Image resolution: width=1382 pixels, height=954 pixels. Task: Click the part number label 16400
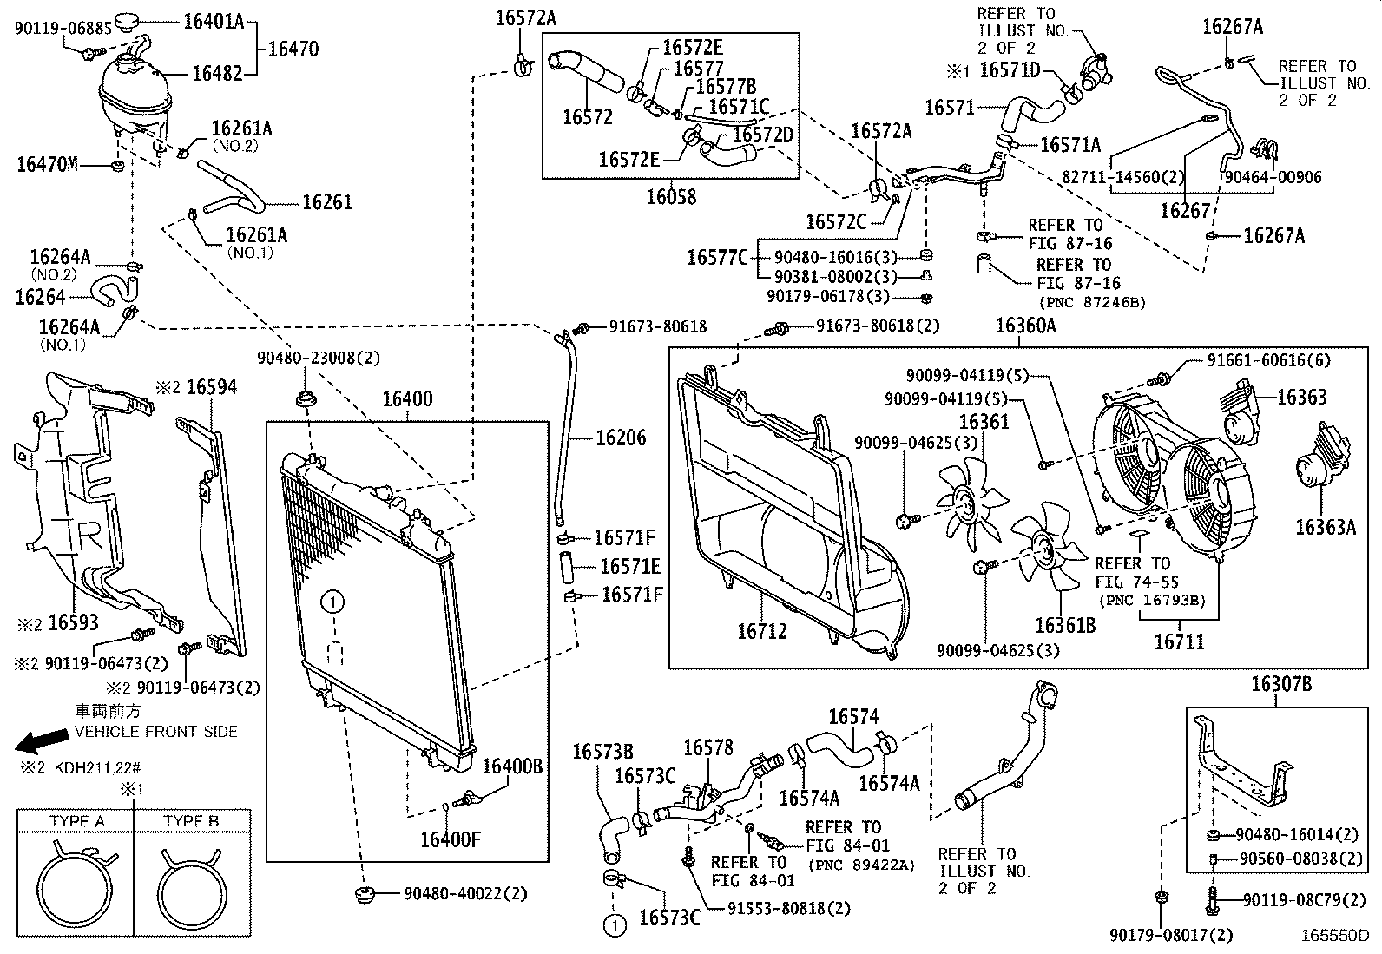click(x=407, y=399)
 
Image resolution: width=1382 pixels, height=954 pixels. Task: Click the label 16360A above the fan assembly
click(x=1025, y=326)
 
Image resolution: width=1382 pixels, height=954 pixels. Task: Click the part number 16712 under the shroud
click(x=762, y=632)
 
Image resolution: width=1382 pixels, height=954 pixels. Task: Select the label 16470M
click(x=47, y=164)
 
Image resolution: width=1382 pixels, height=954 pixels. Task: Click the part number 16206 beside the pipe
click(x=621, y=438)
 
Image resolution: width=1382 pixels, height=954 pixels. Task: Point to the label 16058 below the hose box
click(x=670, y=198)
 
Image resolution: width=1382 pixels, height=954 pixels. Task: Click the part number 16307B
click(x=1280, y=685)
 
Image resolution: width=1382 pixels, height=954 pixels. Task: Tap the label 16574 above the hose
click(x=853, y=717)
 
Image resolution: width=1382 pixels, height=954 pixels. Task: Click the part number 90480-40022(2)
click(x=451, y=893)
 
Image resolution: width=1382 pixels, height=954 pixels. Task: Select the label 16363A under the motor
click(x=1325, y=527)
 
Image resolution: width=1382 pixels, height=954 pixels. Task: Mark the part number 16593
click(x=73, y=622)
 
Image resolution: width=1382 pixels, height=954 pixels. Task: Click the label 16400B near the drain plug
click(x=512, y=766)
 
